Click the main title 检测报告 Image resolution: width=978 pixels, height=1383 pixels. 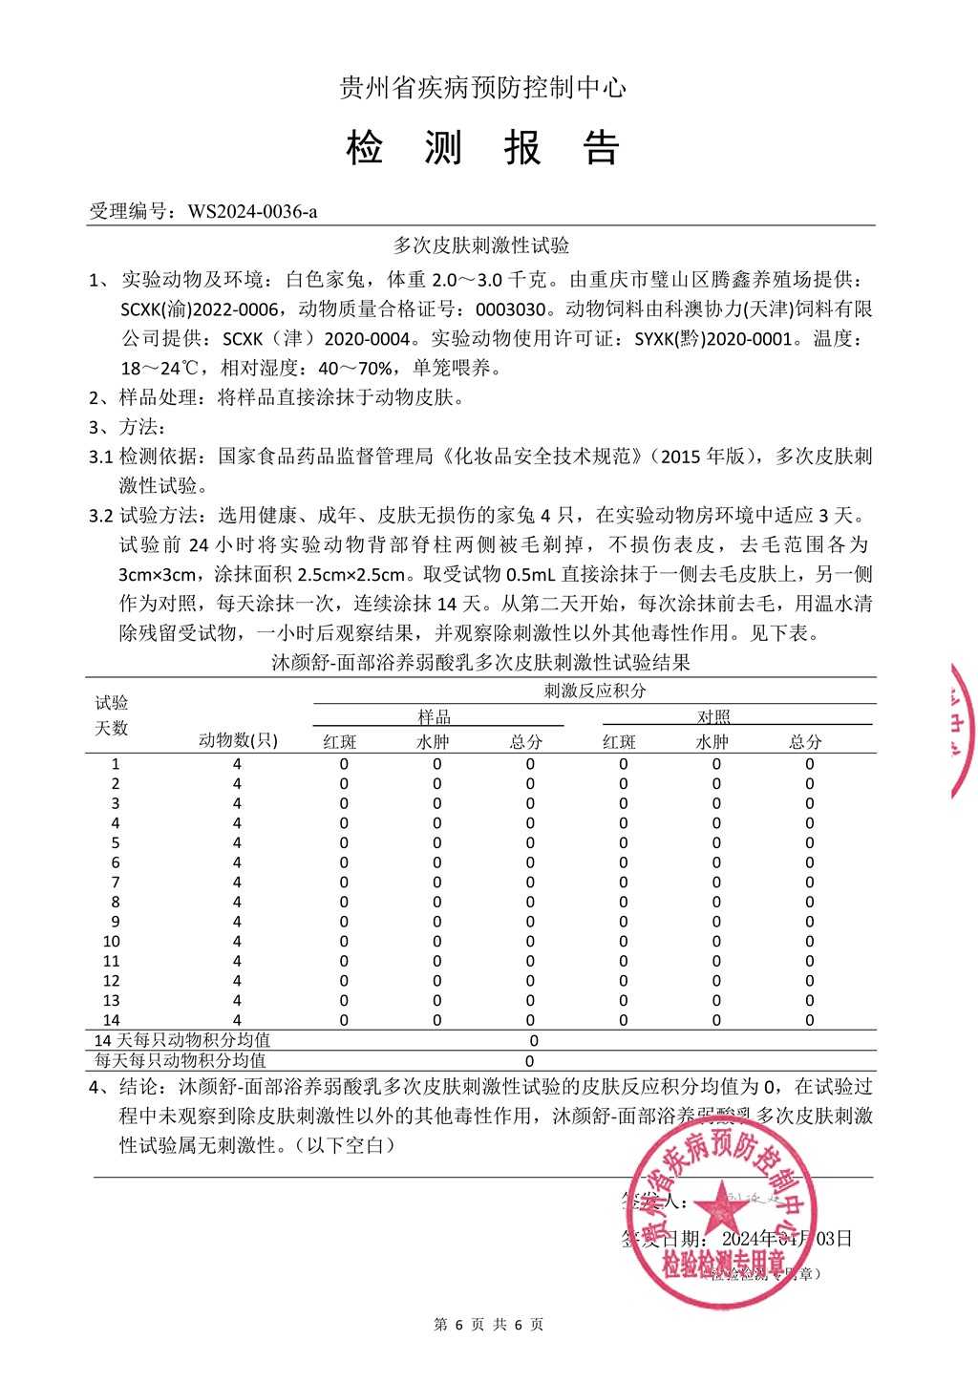[483, 148]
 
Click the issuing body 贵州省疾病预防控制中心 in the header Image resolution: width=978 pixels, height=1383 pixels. [483, 88]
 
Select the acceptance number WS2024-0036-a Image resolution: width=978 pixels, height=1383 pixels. [252, 212]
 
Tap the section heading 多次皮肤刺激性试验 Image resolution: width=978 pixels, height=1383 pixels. [481, 245]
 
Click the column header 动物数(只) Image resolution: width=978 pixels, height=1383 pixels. [238, 740]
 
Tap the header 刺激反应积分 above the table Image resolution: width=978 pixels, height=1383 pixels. [594, 691]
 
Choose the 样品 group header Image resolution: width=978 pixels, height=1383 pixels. [435, 716]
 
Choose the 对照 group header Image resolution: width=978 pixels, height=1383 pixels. [713, 716]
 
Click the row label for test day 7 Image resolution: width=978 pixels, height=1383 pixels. [116, 883]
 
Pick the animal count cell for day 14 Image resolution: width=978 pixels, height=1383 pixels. [237, 1020]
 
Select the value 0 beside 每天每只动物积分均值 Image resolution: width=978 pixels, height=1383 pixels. [530, 1060]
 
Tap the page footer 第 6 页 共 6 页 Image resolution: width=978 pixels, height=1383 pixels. [488, 1325]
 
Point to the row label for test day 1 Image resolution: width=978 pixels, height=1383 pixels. [116, 764]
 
